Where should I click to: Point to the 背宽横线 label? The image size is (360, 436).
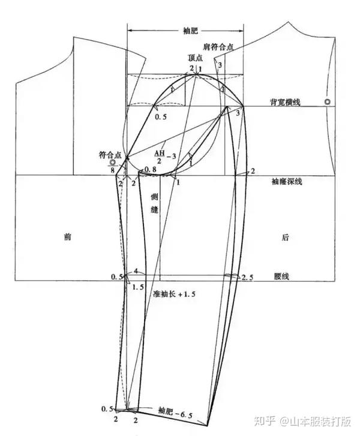click(x=286, y=103)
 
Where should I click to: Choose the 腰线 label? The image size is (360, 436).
click(x=282, y=276)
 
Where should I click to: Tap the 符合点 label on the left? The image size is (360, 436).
click(x=110, y=155)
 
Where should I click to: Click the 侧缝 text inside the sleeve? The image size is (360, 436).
click(x=154, y=208)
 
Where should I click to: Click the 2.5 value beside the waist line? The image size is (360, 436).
click(x=248, y=276)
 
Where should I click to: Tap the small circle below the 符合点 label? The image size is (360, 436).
click(x=112, y=162)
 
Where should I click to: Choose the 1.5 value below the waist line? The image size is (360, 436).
click(x=137, y=287)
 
